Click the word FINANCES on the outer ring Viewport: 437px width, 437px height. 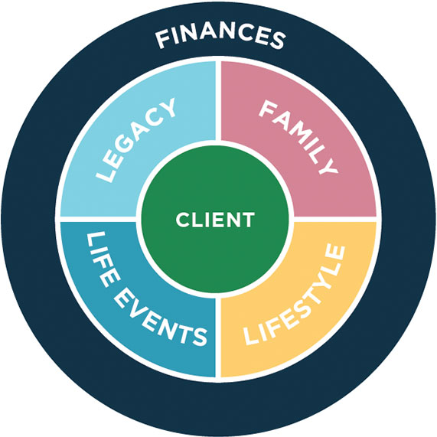[220, 37]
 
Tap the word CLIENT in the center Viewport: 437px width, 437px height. [215, 220]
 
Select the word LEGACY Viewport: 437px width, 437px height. [136, 140]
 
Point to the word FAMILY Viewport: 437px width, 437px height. [298, 138]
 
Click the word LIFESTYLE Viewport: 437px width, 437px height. [295, 295]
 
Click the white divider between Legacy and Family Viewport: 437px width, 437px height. [219, 100]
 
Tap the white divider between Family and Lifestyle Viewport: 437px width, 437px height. [335, 219]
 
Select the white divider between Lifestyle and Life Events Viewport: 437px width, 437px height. [219, 338]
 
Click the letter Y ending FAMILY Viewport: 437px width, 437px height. [328, 166]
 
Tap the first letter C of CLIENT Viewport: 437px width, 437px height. [182, 220]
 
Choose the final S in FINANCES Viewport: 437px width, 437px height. [277, 41]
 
